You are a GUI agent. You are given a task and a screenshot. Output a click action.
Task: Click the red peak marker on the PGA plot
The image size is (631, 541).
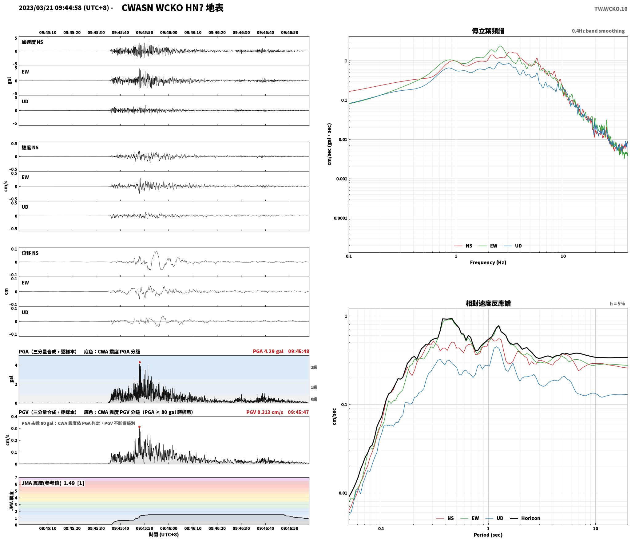[140, 362]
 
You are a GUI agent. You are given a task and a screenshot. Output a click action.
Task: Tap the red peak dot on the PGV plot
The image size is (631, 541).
[139, 427]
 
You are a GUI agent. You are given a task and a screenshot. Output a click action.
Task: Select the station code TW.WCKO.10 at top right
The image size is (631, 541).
[611, 9]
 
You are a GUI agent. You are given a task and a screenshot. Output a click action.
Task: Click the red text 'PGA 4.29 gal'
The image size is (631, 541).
[268, 351]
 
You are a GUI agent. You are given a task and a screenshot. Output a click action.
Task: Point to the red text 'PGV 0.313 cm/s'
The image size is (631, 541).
[265, 412]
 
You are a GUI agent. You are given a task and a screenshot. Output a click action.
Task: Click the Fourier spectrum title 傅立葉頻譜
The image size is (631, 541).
[488, 31]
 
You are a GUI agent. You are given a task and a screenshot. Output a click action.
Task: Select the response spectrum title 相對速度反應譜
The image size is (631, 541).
[488, 303]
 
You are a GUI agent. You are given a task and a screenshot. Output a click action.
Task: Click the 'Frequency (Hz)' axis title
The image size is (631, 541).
[488, 262]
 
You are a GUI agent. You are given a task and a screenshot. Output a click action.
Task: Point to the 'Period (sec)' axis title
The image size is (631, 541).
[488, 535]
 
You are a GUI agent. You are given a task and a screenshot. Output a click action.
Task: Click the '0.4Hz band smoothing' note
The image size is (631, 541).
[598, 31]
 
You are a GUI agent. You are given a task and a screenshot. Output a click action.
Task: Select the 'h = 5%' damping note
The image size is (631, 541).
[617, 303]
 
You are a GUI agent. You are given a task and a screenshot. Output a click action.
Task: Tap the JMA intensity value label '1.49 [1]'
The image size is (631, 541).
[74, 483]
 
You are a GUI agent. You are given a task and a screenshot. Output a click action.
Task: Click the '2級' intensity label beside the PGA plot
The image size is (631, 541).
[314, 367]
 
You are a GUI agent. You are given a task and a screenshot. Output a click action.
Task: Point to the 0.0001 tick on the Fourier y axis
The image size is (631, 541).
[340, 218]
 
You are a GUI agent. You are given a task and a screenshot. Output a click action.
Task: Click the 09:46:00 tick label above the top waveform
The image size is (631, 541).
[169, 32]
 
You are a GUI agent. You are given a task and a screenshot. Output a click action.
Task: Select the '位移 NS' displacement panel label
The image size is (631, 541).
[30, 253]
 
